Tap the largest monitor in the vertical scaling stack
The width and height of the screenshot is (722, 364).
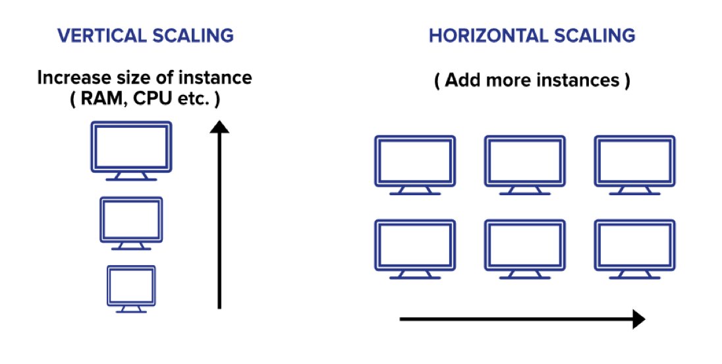coord(132,146)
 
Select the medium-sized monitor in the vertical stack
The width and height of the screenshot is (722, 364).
coord(131,220)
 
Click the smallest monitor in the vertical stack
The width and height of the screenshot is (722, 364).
coord(131,285)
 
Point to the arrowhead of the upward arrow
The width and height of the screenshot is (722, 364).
coord(219,127)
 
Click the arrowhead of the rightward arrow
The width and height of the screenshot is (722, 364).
coord(637,320)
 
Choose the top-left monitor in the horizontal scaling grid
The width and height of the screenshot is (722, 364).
coord(415,161)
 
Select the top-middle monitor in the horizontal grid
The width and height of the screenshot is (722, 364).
coord(524,161)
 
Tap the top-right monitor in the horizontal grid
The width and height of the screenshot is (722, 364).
coord(634,161)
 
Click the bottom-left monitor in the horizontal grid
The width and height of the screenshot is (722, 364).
coord(415,245)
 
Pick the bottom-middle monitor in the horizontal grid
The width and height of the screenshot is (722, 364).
coord(524,245)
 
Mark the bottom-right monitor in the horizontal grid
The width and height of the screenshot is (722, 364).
coord(634,245)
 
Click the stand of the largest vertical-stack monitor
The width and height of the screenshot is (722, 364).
coord(132,176)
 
